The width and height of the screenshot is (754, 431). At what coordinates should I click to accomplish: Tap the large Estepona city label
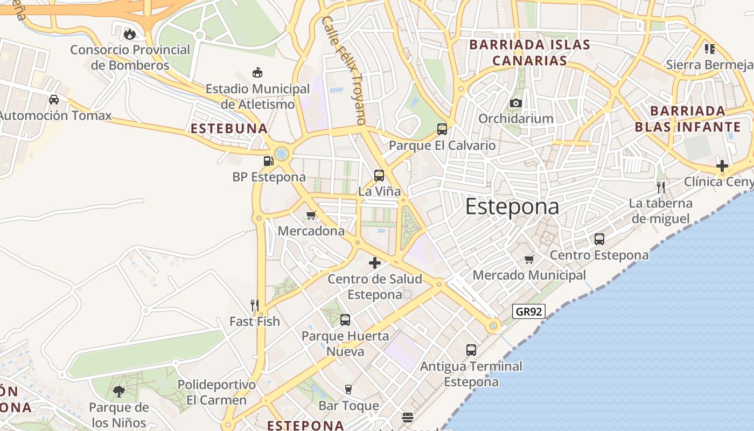point(512,207)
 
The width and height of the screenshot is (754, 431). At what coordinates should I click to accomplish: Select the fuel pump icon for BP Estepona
point(268,161)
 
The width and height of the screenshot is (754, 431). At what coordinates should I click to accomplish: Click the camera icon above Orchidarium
point(515,103)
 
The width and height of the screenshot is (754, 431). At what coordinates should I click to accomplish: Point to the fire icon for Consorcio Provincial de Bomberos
point(129,34)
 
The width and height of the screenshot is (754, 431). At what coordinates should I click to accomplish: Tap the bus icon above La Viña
point(379,175)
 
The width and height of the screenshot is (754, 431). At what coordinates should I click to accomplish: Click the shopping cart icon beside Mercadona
point(311,215)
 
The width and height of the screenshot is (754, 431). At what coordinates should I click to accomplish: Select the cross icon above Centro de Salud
point(375,263)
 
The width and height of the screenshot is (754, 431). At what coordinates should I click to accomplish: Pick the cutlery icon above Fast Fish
point(254,305)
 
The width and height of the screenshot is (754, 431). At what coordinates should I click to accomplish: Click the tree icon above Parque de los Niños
point(118,392)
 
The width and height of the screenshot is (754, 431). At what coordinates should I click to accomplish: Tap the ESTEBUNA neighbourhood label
point(229,129)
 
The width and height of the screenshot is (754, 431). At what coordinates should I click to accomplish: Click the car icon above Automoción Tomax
point(54,100)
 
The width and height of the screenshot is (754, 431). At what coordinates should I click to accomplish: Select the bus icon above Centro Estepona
point(599,239)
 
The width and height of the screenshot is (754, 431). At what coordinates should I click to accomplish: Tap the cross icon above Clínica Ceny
point(722,166)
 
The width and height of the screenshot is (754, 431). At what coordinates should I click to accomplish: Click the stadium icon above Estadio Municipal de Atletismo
point(257,73)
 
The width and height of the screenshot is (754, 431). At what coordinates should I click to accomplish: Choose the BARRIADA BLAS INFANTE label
point(687,119)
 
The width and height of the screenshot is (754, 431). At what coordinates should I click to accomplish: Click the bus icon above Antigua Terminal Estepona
point(471,350)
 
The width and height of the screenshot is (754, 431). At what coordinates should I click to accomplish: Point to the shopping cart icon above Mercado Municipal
point(529,259)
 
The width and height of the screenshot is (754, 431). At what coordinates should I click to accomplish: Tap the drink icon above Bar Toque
point(348,390)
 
